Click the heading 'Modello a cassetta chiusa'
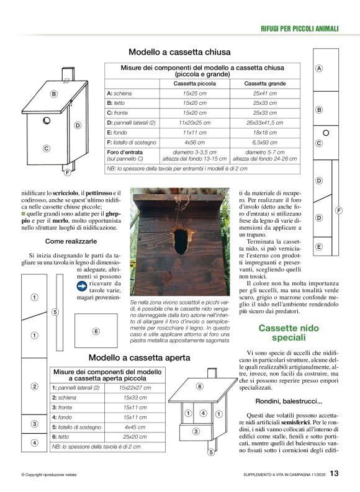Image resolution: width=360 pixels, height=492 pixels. pos(179,52)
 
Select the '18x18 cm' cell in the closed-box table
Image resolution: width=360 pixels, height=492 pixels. pos(264,133)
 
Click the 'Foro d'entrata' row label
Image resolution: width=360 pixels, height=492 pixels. pos(122,151)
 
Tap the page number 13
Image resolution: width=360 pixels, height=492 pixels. pos(335,474)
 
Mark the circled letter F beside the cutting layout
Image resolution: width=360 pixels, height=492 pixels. pos(339,211)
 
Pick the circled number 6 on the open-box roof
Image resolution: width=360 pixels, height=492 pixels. pos(199,387)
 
